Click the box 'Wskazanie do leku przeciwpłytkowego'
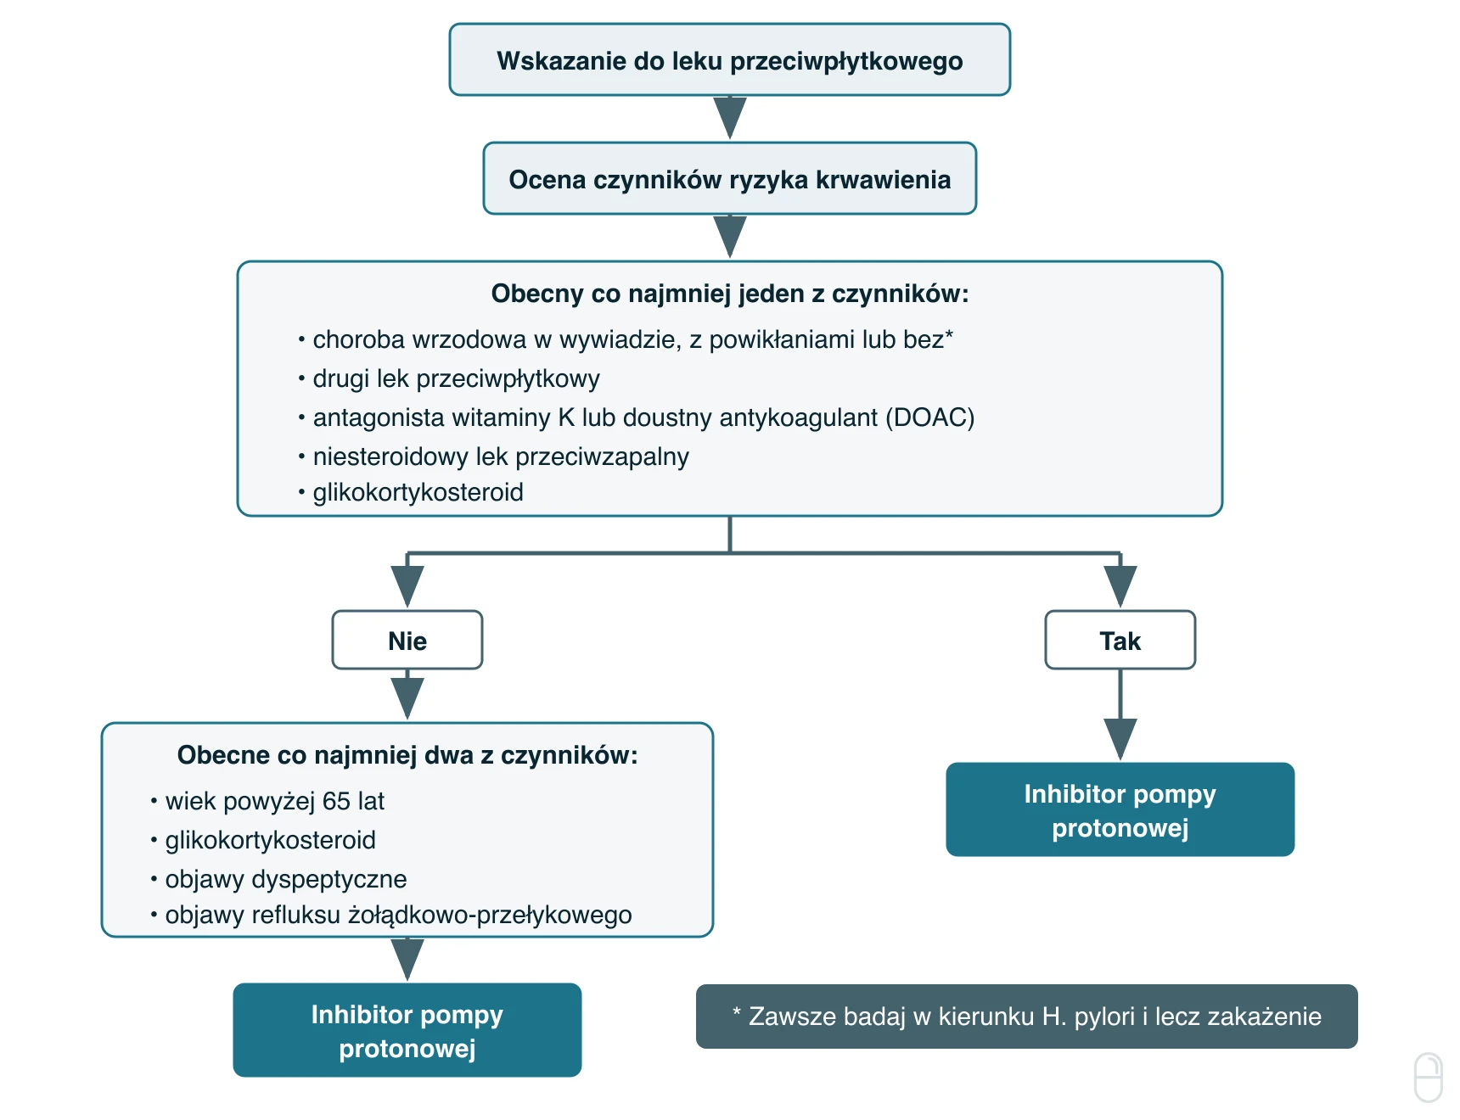coord(730,59)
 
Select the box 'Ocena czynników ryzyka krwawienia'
coord(730,178)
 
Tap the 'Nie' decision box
coord(407,640)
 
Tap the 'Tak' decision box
coord(1120,640)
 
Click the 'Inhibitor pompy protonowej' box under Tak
coord(1120,809)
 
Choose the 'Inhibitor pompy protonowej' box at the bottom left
coord(407,1030)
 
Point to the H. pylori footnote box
coord(1027,1016)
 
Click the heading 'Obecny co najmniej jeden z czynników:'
coord(730,294)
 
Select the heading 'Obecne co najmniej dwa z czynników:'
coord(407,755)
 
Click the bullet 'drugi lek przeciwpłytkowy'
coord(449,378)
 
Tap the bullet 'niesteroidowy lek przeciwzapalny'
coord(493,456)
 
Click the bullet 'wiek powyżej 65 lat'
coord(267,801)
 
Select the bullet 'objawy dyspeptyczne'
coord(278,879)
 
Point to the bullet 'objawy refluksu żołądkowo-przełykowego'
coord(391,915)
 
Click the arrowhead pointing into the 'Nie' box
coord(407,586)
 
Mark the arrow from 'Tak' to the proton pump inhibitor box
coord(1120,715)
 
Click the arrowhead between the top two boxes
coord(730,118)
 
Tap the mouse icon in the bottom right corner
coord(1429,1078)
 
